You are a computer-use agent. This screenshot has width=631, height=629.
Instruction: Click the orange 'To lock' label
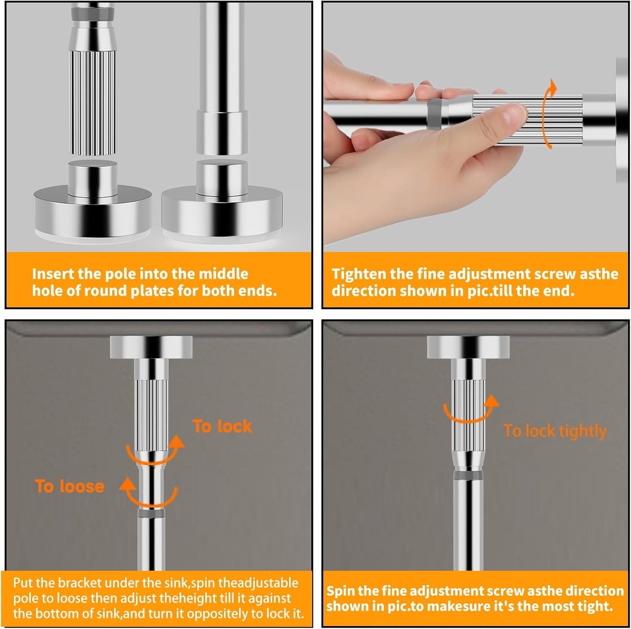[222, 426]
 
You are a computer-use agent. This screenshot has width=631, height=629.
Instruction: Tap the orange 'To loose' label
[70, 487]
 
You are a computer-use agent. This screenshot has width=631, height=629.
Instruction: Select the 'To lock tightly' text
[555, 431]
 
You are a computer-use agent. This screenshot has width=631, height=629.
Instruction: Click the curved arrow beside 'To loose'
[150, 492]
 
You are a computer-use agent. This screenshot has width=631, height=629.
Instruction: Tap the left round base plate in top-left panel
[92, 213]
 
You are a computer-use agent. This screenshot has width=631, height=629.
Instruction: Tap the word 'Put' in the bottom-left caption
[23, 583]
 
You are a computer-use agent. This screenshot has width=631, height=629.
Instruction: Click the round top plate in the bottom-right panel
[468, 347]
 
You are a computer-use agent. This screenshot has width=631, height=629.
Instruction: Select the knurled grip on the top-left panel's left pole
[92, 102]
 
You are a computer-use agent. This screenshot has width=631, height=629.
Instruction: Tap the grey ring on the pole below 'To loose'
[151, 513]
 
